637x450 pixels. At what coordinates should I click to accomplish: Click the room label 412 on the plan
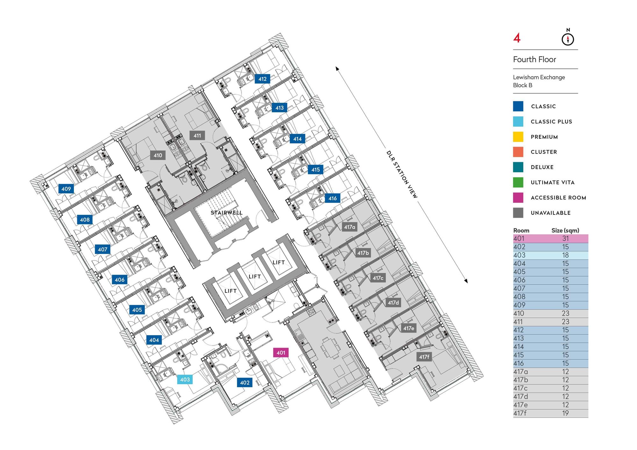click(x=262, y=79)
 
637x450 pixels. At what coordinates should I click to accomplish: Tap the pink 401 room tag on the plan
click(x=281, y=353)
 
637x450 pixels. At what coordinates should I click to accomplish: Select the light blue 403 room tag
click(x=185, y=379)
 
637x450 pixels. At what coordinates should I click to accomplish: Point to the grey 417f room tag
click(x=424, y=357)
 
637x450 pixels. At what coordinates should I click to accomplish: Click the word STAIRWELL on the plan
click(x=226, y=213)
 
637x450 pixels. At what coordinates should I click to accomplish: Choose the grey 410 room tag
click(x=158, y=155)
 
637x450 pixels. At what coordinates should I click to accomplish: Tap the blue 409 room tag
click(x=66, y=189)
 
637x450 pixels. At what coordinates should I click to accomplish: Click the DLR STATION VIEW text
click(x=402, y=174)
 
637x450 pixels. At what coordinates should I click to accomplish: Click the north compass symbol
click(x=568, y=39)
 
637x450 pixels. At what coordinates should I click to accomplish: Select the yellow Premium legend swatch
click(x=518, y=137)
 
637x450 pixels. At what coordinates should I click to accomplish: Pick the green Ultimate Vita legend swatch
click(x=518, y=182)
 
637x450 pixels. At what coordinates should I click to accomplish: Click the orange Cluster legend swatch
click(x=518, y=152)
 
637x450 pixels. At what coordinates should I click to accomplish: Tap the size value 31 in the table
click(x=565, y=238)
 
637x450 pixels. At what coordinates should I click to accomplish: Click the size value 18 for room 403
click(x=565, y=255)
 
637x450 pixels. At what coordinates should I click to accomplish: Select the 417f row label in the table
click(x=520, y=413)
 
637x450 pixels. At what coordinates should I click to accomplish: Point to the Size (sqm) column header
click(x=565, y=230)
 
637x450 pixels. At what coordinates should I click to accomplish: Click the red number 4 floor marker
click(x=517, y=38)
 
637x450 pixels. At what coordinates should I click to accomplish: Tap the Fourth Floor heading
click(x=534, y=60)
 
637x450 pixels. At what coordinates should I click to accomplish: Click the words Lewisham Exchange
click(x=539, y=77)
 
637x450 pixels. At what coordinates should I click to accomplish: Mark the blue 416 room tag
click(x=333, y=198)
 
